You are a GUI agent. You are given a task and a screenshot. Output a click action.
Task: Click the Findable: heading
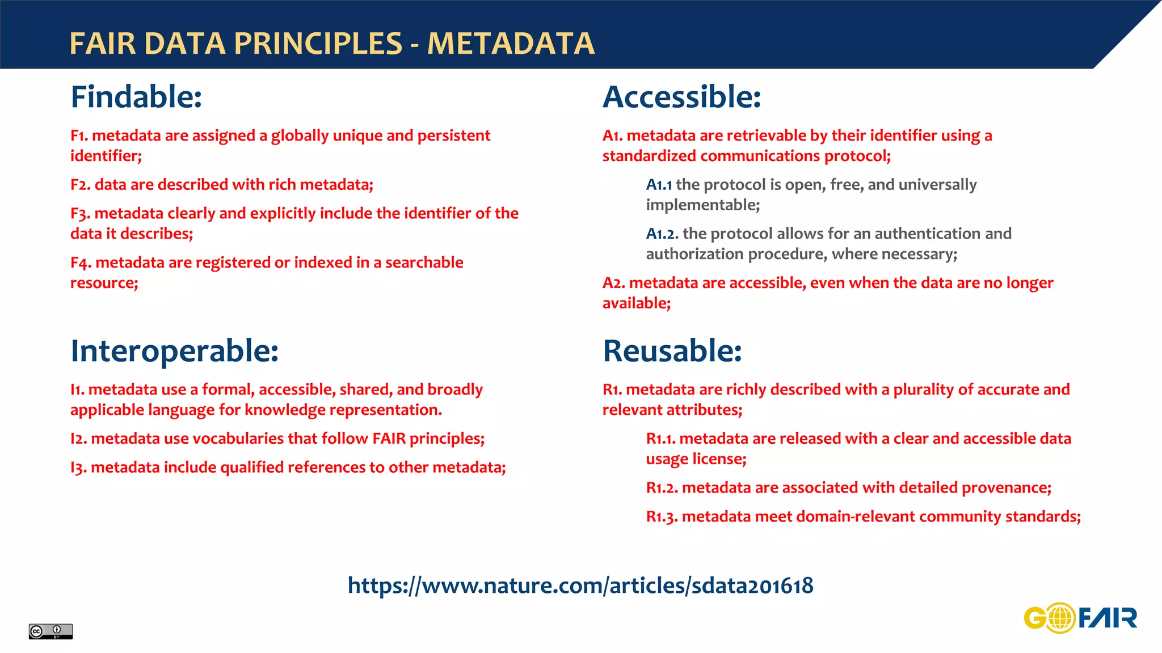[x=136, y=97]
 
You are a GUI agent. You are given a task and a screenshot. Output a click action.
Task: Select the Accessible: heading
[x=681, y=97]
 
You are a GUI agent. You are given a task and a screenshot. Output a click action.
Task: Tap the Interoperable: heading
[x=174, y=351]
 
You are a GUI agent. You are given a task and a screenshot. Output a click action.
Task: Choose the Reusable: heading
[x=672, y=351]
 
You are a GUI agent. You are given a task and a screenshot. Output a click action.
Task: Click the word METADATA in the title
[x=511, y=44]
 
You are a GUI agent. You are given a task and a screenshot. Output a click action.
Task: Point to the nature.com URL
[x=580, y=586]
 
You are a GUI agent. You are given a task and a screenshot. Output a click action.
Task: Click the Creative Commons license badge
[x=50, y=631]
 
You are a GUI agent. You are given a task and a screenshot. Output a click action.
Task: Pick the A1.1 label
[x=659, y=185]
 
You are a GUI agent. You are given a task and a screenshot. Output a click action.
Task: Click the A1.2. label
[x=662, y=234]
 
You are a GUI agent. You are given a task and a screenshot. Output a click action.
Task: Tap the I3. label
[x=78, y=468]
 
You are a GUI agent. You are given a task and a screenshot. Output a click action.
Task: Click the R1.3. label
[x=662, y=517]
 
